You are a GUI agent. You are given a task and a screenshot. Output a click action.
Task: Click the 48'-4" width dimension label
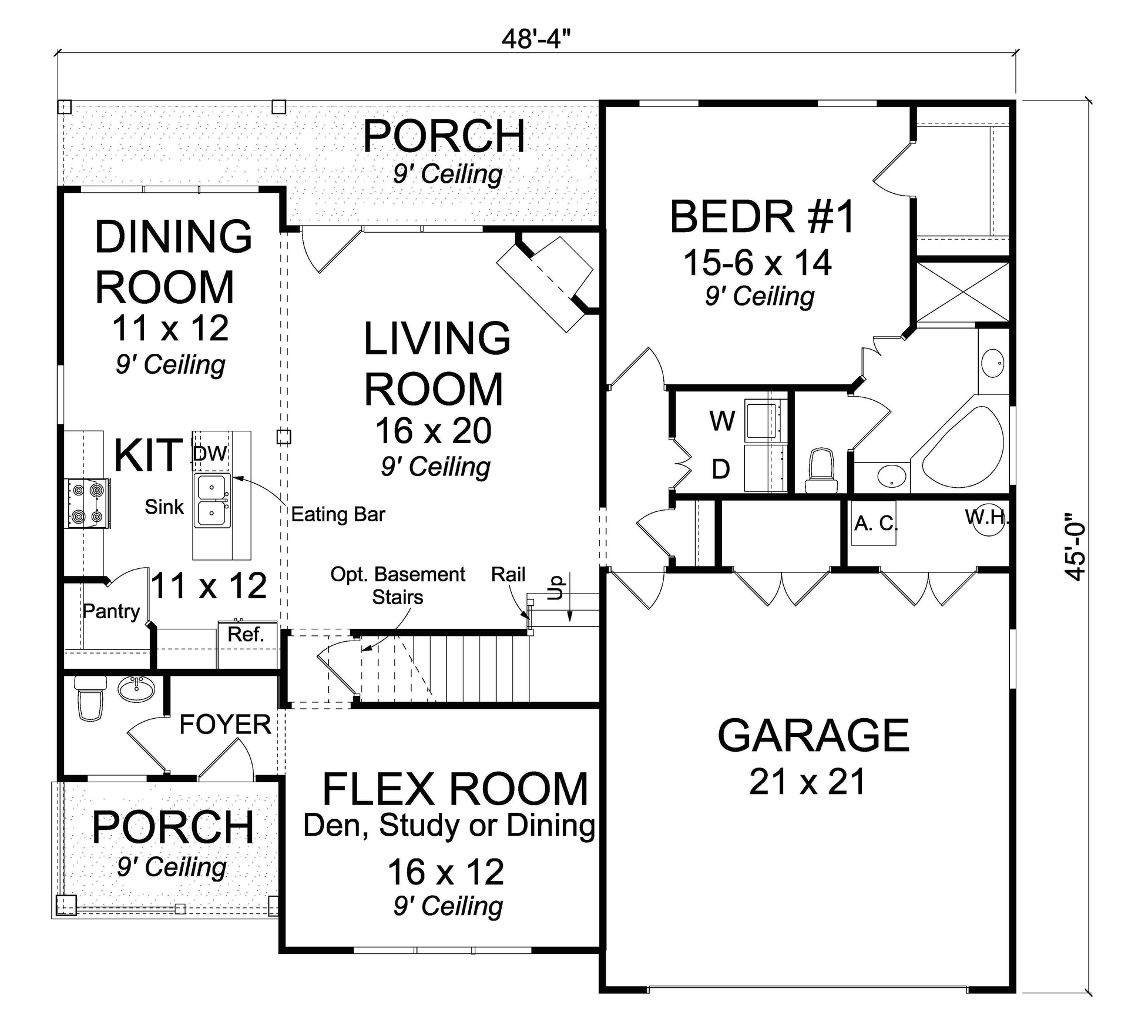(x=536, y=39)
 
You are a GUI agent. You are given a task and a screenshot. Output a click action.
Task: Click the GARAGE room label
(x=813, y=736)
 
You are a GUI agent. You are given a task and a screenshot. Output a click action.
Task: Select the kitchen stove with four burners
(x=88, y=503)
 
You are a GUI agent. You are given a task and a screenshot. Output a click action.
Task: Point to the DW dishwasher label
(x=210, y=453)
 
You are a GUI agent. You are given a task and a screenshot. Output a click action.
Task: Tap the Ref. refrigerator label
(x=246, y=634)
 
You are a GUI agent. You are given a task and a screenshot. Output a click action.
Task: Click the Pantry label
(x=111, y=611)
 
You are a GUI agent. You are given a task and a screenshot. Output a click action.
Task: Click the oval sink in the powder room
(x=137, y=688)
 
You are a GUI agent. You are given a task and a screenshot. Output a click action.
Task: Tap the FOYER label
(x=225, y=725)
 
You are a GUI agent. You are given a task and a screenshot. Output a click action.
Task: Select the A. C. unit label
(x=875, y=522)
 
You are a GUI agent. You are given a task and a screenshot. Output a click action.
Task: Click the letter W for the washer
(x=722, y=421)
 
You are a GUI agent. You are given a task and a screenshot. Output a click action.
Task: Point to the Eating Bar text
(x=338, y=515)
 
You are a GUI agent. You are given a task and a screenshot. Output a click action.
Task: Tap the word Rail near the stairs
(x=508, y=574)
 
